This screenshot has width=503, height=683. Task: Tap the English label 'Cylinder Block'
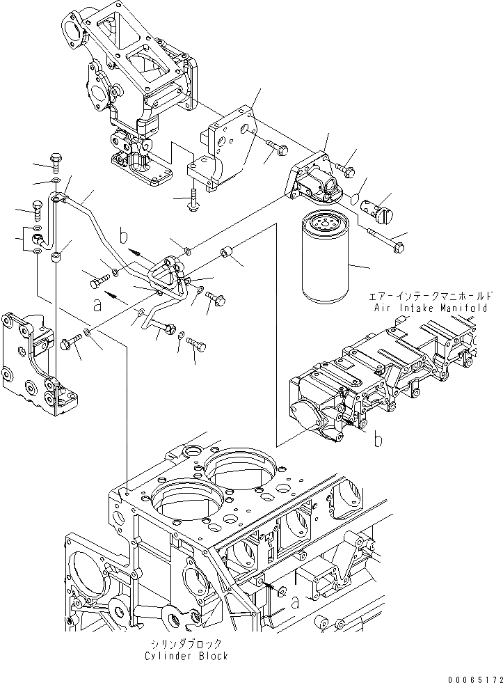coord(186,656)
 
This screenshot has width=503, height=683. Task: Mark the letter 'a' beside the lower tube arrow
coord(97,305)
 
